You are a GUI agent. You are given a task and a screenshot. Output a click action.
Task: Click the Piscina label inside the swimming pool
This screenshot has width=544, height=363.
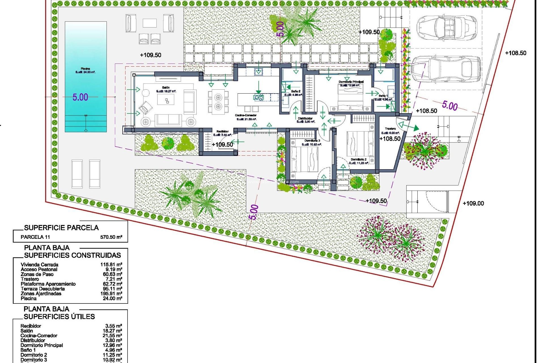click(x=85, y=69)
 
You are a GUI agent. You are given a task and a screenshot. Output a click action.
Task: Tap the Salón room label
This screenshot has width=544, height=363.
click(x=166, y=88)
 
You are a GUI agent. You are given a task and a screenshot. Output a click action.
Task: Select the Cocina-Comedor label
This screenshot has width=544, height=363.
click(x=246, y=115)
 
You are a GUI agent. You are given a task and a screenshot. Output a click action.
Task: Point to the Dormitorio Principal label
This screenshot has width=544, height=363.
click(x=351, y=82)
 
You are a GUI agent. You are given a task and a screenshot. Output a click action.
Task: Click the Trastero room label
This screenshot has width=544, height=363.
click(x=390, y=129)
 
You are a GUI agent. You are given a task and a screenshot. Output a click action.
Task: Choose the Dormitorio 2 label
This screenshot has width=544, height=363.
click(x=358, y=160)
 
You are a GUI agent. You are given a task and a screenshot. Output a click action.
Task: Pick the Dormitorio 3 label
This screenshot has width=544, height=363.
click(x=312, y=141)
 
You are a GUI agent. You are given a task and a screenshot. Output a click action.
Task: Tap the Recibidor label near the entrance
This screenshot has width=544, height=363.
click(x=222, y=131)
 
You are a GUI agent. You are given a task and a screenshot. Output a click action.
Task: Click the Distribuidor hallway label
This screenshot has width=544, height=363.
click(x=305, y=119)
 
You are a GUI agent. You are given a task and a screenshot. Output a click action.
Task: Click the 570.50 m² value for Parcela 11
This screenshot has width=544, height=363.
click(x=111, y=237)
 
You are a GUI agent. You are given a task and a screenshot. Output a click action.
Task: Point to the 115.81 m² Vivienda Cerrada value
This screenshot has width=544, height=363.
click(x=111, y=265)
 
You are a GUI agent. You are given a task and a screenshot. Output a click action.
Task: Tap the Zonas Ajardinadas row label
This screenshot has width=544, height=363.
click(x=41, y=294)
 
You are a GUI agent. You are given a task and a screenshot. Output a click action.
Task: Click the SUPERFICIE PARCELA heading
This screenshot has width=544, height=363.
click(x=61, y=228)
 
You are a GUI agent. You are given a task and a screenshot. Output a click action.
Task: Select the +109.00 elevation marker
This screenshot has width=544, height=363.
click(x=473, y=203)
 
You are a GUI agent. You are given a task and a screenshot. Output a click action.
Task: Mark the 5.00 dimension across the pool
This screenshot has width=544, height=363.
click(x=80, y=97)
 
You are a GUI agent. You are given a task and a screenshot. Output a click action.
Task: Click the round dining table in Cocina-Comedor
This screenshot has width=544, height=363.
click(x=218, y=102)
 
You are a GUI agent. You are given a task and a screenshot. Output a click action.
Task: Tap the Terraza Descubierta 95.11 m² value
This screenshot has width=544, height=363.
click(x=111, y=289)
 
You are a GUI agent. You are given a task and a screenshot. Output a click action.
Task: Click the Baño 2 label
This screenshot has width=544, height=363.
click(x=296, y=91)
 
